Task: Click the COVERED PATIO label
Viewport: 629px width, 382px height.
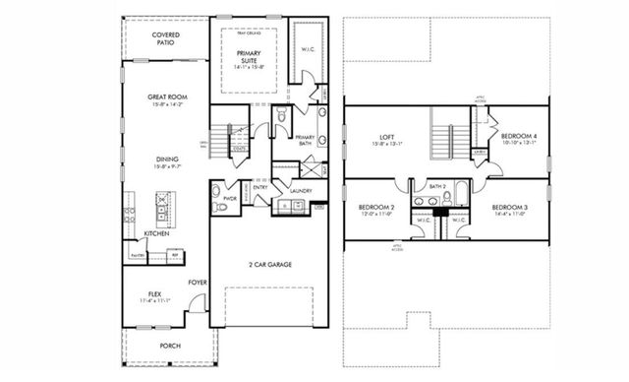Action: (163, 38)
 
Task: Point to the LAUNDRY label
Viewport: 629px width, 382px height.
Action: (300, 191)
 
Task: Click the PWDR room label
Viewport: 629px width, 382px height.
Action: (230, 197)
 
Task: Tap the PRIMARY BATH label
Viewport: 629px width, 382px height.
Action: (305, 140)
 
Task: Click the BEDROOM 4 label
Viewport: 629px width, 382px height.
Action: (518, 137)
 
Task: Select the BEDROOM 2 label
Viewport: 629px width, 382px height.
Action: (374, 209)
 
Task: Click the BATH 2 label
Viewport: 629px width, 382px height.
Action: (438, 186)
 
